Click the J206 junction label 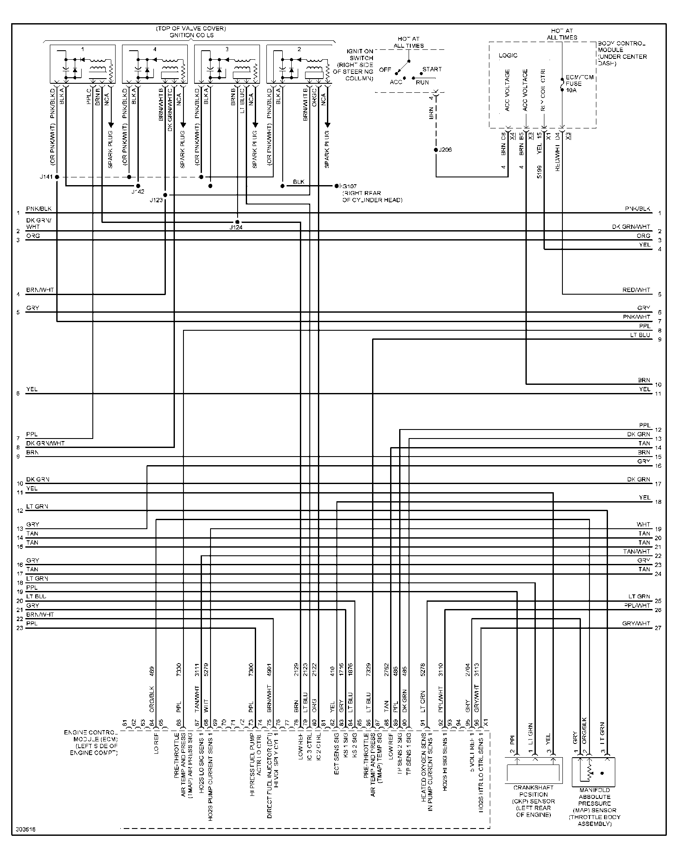[446, 150]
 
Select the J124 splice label [236, 227]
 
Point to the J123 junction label [156, 200]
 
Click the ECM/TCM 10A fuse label [574, 83]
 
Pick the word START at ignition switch [432, 69]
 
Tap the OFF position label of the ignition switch [385, 70]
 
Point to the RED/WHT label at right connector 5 [636, 290]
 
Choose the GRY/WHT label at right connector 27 [636, 623]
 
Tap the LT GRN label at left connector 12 [37, 506]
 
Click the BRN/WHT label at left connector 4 [40, 290]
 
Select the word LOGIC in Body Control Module [508, 55]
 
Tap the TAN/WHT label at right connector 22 [637, 551]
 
